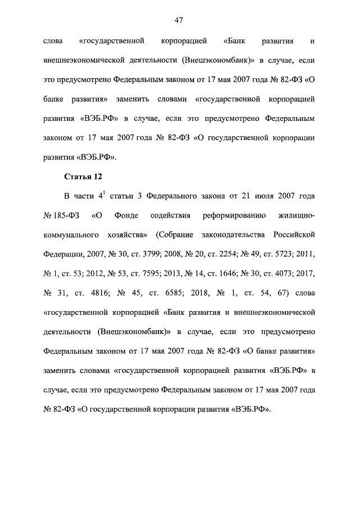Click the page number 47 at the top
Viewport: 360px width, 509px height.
(179, 20)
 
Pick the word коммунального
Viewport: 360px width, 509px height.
(71, 235)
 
